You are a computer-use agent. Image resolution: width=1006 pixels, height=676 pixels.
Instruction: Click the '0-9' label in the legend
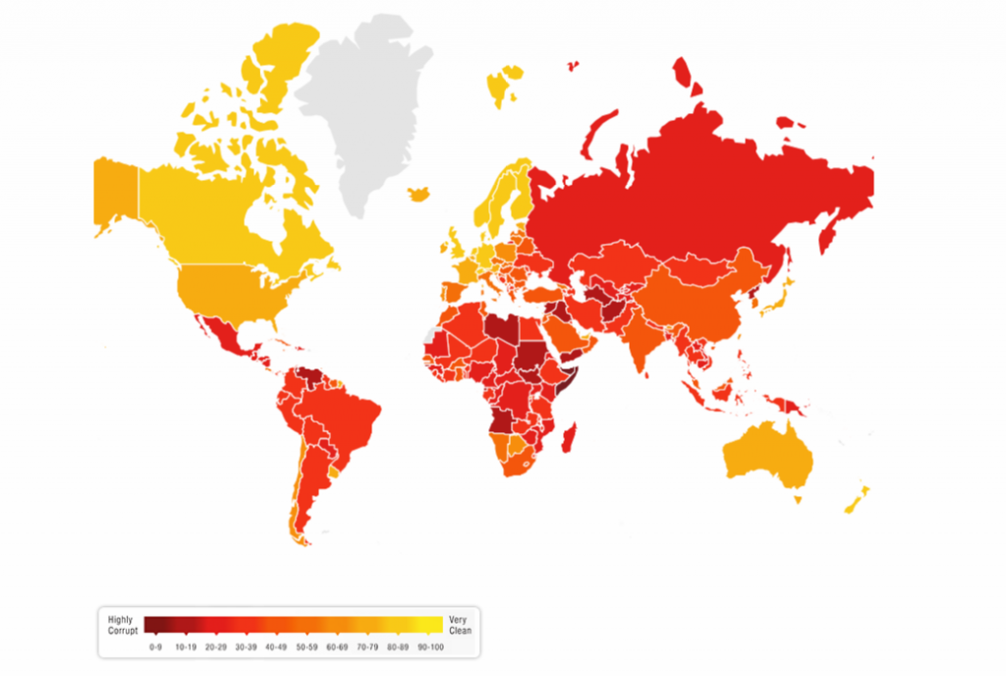coord(153,647)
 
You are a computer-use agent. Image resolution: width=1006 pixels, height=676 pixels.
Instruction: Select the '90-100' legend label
coord(429,647)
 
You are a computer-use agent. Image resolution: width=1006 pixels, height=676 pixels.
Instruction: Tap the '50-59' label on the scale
coord(307,647)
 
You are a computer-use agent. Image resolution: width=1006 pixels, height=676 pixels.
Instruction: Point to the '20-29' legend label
coord(214,647)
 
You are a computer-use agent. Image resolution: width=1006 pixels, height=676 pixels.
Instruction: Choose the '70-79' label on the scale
coord(367,647)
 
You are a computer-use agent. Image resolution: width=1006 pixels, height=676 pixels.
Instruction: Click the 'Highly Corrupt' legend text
coord(124,625)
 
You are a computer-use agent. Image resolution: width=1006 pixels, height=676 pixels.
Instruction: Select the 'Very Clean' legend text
coord(458,625)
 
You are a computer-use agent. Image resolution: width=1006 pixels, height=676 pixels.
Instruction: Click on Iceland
coord(419,194)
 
